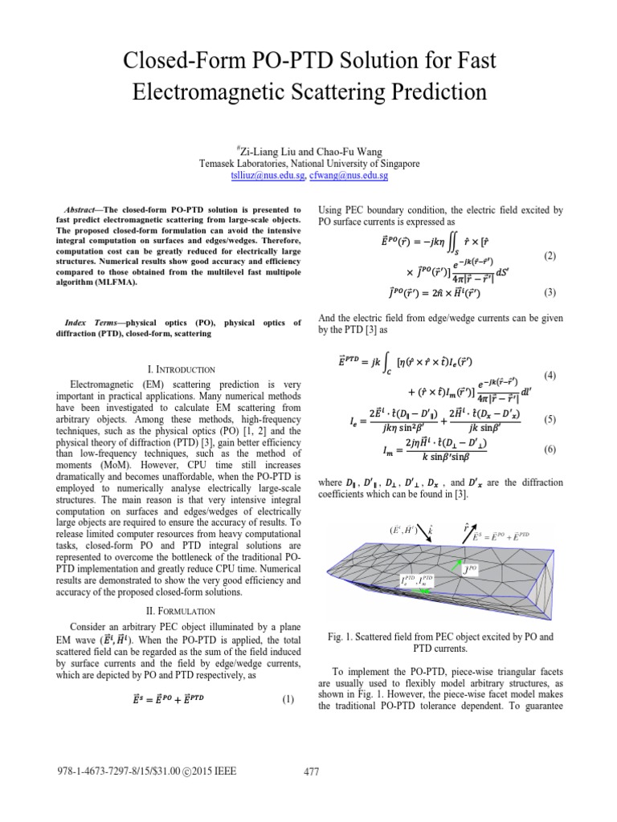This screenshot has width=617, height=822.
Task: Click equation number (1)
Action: click(288, 700)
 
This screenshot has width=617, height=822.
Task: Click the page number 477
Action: click(311, 772)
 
